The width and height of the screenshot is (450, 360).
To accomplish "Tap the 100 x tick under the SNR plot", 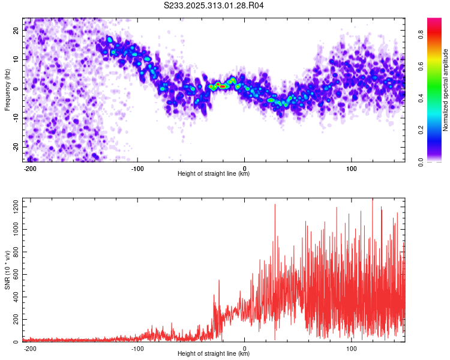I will coord(352,348).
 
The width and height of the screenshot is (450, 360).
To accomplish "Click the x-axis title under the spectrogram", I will coord(214,174).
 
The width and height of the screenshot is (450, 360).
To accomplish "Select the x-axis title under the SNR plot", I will coord(214,354).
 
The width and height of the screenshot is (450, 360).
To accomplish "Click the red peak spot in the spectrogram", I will coord(223,86).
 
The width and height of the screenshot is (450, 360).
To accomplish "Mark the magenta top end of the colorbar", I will coord(434,20).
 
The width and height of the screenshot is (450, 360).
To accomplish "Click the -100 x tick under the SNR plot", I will coord(137,348).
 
